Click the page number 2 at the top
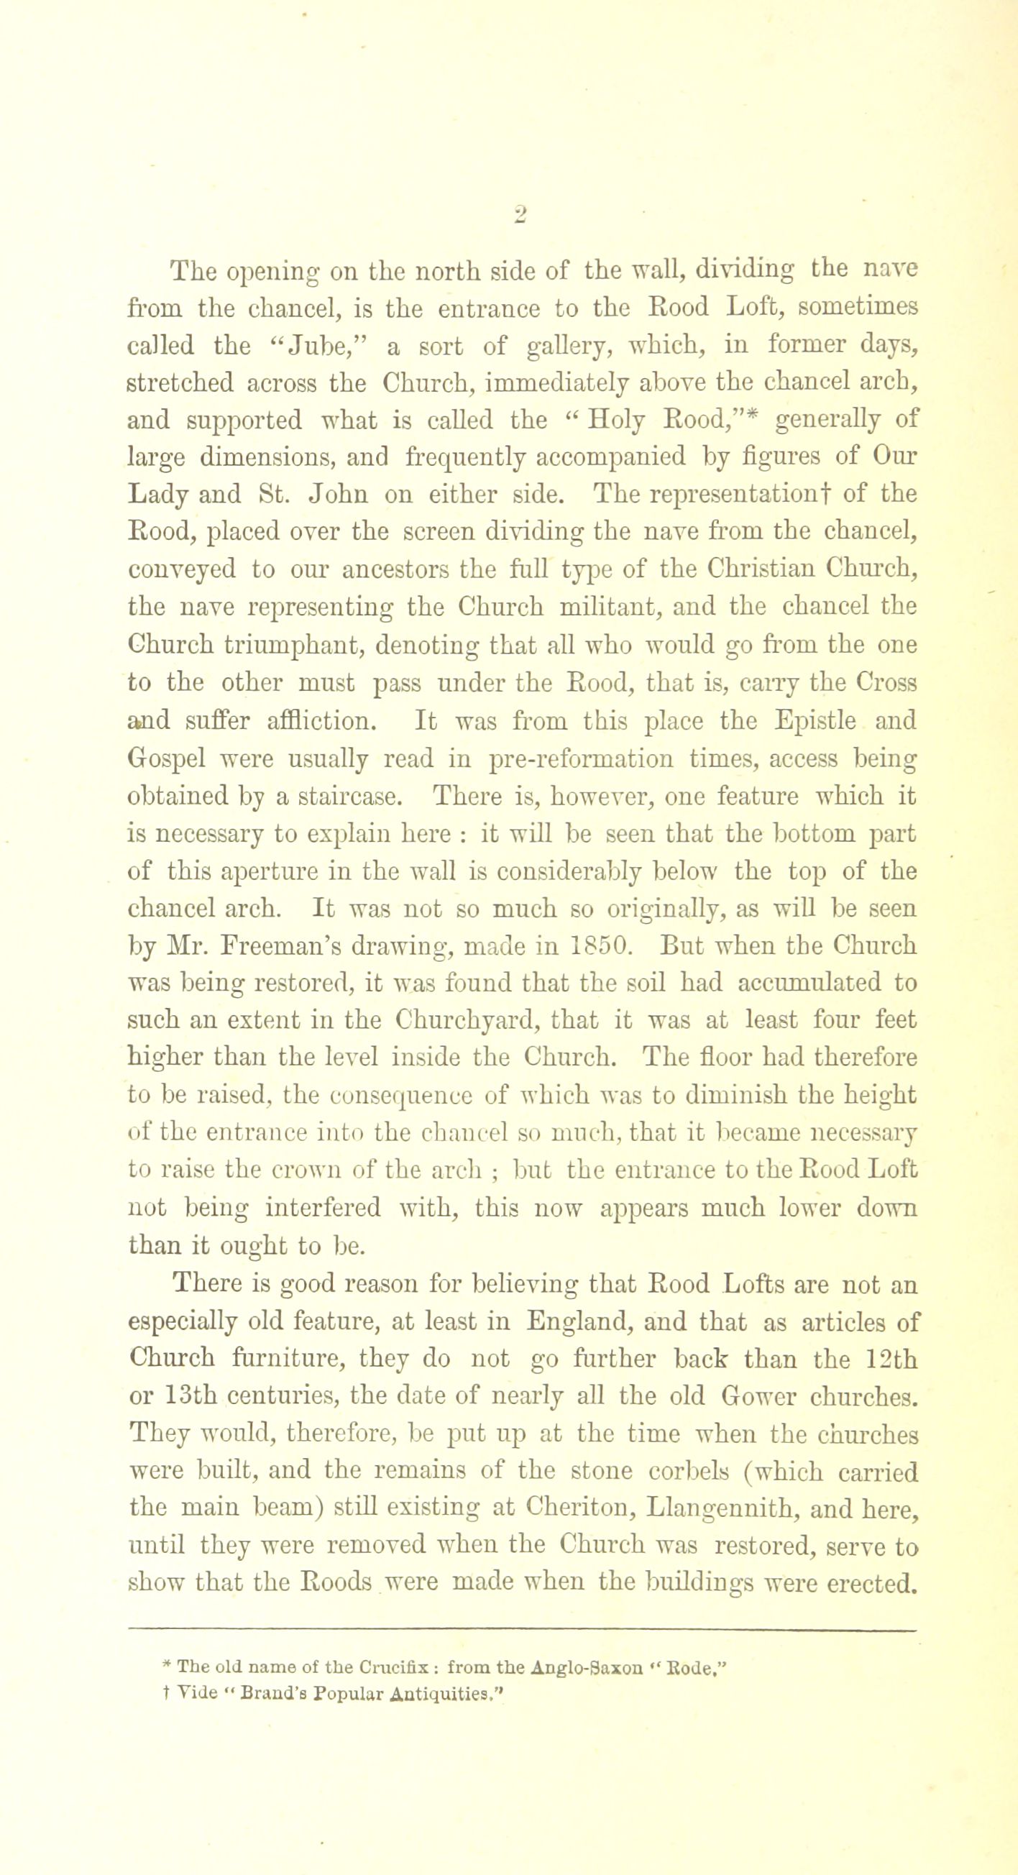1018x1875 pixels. point(520,215)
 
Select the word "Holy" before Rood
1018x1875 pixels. point(617,421)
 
